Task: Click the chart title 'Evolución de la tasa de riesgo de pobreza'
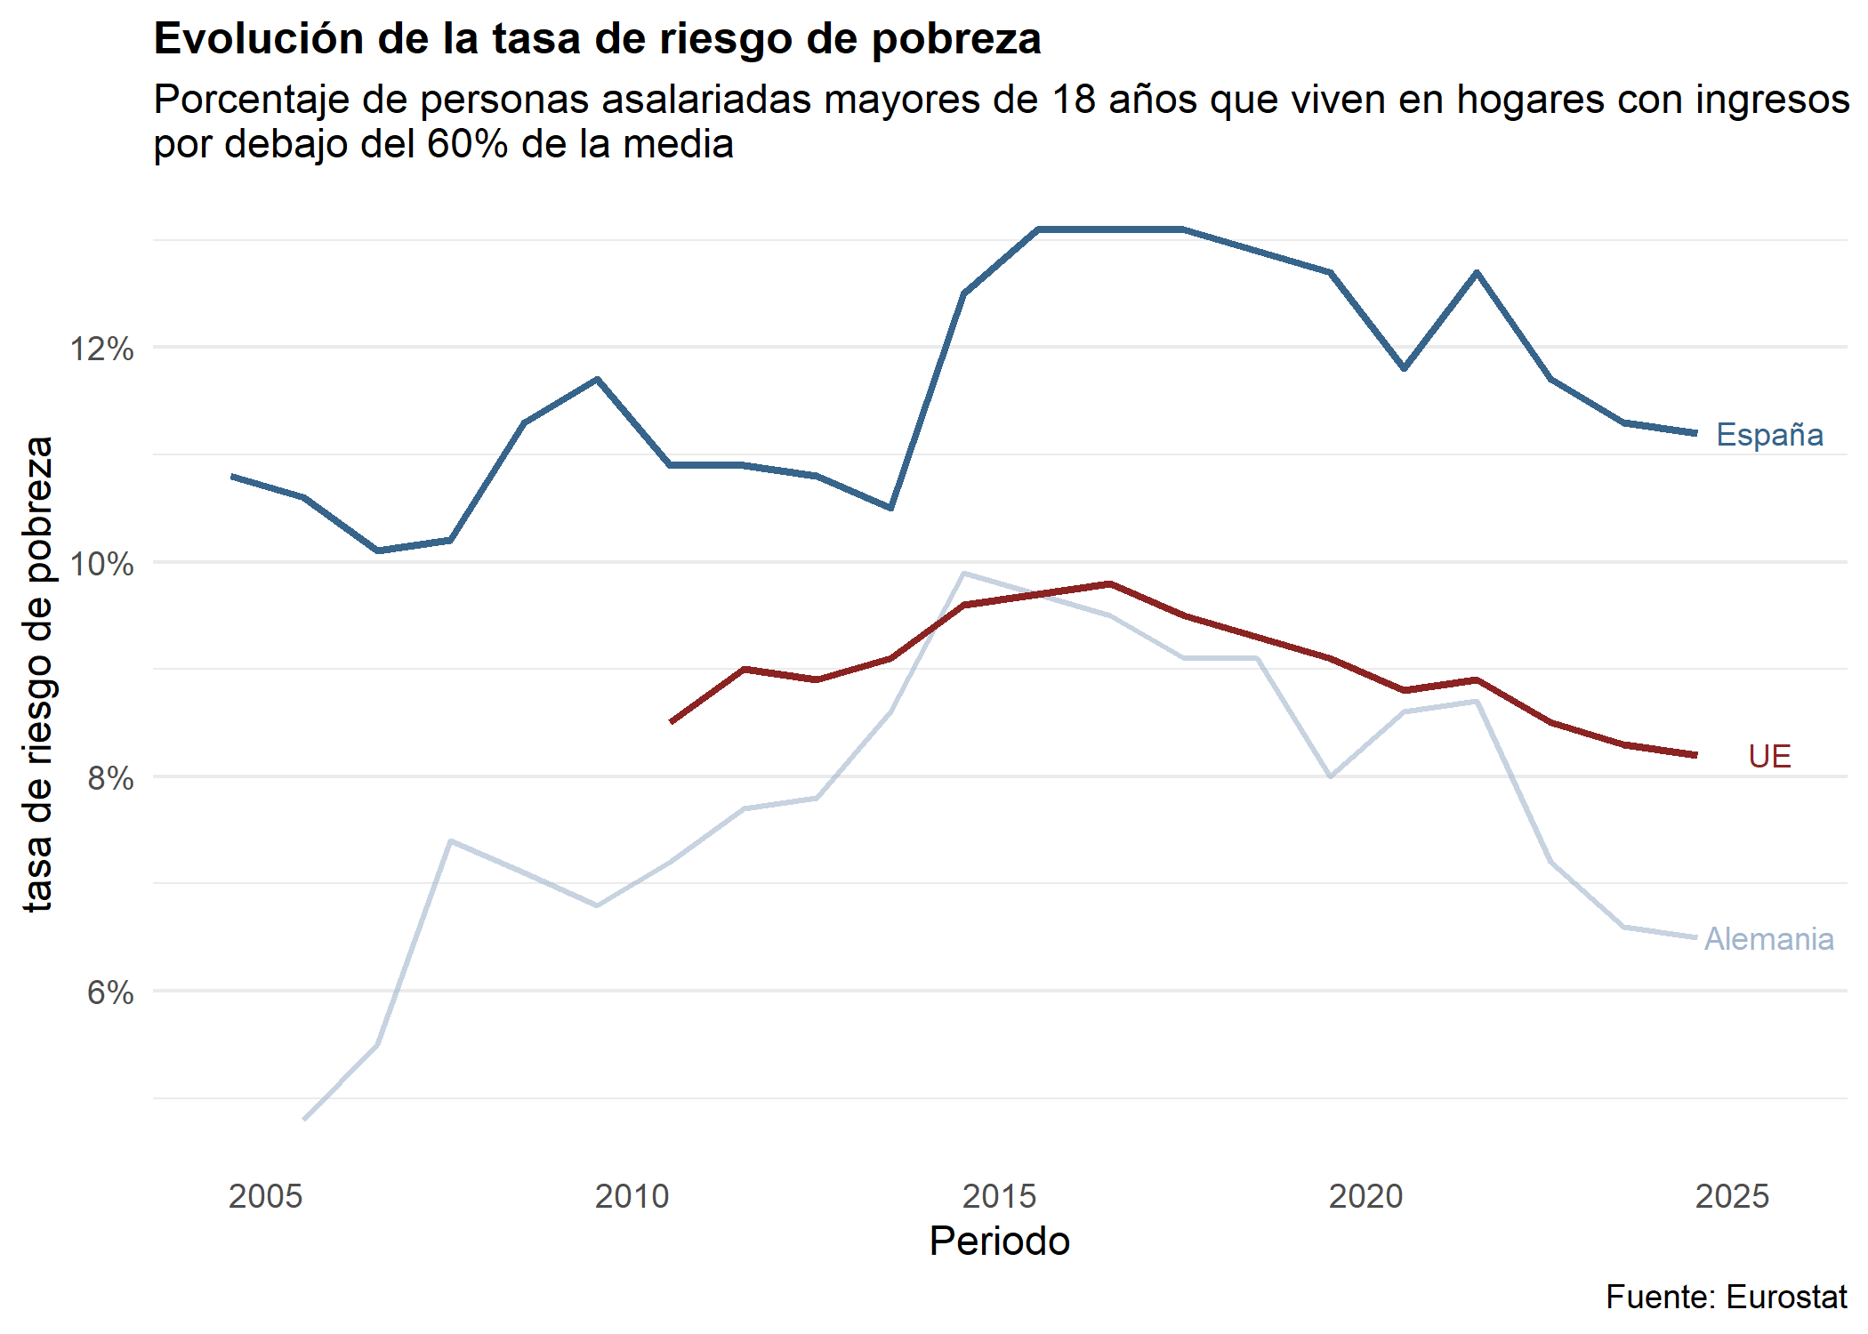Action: [x=597, y=39]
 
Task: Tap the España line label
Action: [x=1768, y=435]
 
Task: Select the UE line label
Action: [x=1768, y=757]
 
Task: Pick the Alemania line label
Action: [x=1768, y=939]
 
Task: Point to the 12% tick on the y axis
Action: [x=102, y=349]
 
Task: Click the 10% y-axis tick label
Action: [x=102, y=564]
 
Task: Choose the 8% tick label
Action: [x=110, y=778]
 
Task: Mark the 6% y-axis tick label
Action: [x=110, y=992]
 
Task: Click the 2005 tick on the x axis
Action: [x=265, y=1196]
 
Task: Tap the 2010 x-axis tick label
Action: [x=632, y=1196]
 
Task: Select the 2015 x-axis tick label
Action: [x=999, y=1196]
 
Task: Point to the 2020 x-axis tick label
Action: [x=1365, y=1196]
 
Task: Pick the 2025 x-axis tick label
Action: [x=1732, y=1196]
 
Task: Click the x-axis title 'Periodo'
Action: [x=999, y=1242]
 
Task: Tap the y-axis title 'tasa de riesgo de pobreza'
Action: [x=38, y=673]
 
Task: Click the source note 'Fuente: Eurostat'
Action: [x=1726, y=1298]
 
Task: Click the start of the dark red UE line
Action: [x=672, y=721]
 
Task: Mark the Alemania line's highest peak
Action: [x=964, y=574]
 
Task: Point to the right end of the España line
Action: [x=1695, y=433]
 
